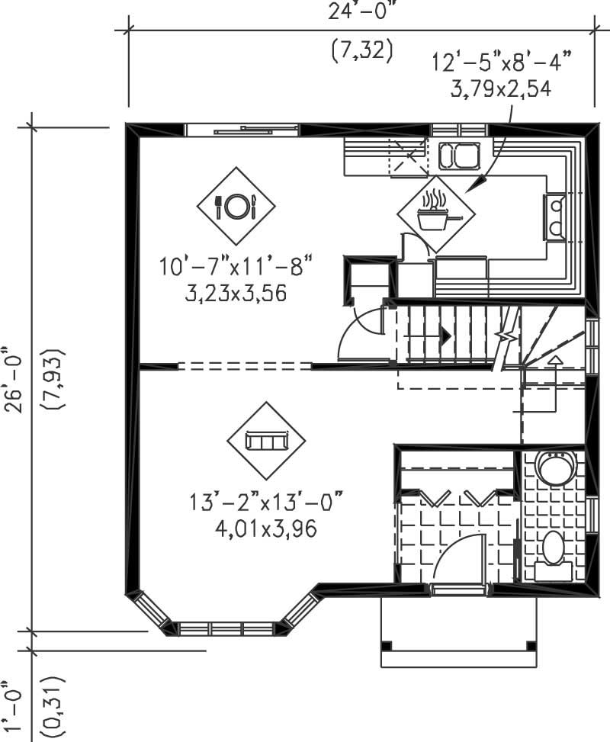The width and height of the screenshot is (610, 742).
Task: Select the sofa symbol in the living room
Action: pyautogui.click(x=265, y=441)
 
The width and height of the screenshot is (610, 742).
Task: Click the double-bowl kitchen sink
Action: pyautogui.click(x=457, y=156)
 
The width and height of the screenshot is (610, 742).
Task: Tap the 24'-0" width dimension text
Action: pyautogui.click(x=362, y=11)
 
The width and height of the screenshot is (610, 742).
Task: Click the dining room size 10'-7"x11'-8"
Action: pyautogui.click(x=236, y=268)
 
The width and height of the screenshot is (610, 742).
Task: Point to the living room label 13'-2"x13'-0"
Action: pyautogui.click(x=266, y=503)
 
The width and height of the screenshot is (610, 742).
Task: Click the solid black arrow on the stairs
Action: pyautogui.click(x=445, y=334)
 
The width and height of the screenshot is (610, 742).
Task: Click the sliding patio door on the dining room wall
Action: pyautogui.click(x=244, y=131)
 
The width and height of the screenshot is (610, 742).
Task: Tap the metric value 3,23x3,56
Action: pyautogui.click(x=236, y=292)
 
